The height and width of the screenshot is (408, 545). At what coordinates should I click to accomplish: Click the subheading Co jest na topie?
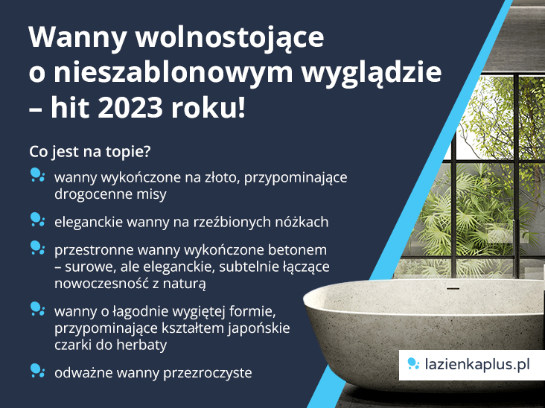coord(89,151)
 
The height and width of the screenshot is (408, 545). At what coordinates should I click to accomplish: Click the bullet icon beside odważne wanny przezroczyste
coord(37,370)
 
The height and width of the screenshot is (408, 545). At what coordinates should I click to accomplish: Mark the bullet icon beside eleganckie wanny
coord(37,219)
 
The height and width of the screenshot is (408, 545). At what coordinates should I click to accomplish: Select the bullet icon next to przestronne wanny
coord(37,246)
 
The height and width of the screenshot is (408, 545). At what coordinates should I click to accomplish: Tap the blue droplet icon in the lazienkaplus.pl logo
coord(413,364)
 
